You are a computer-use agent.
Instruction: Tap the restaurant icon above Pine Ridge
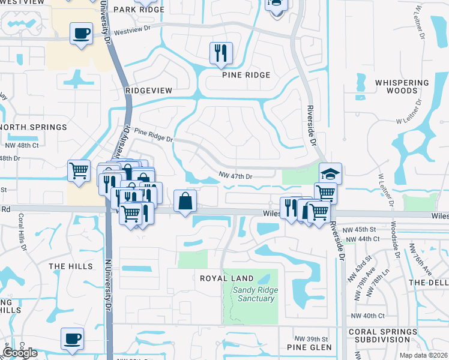point(221,53)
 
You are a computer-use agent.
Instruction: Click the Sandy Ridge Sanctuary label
point(250,294)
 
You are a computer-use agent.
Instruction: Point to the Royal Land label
point(228,279)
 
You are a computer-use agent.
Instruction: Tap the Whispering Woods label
point(402,86)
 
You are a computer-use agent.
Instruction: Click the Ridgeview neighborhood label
point(149,90)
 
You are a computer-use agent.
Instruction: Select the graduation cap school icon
point(330,173)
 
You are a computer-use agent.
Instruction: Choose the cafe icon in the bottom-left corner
point(72,338)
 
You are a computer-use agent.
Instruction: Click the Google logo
point(20,353)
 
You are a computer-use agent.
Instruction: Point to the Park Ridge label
point(134,10)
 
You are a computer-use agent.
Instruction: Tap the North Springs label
point(33,127)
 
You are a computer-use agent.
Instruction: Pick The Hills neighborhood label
point(71,266)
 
